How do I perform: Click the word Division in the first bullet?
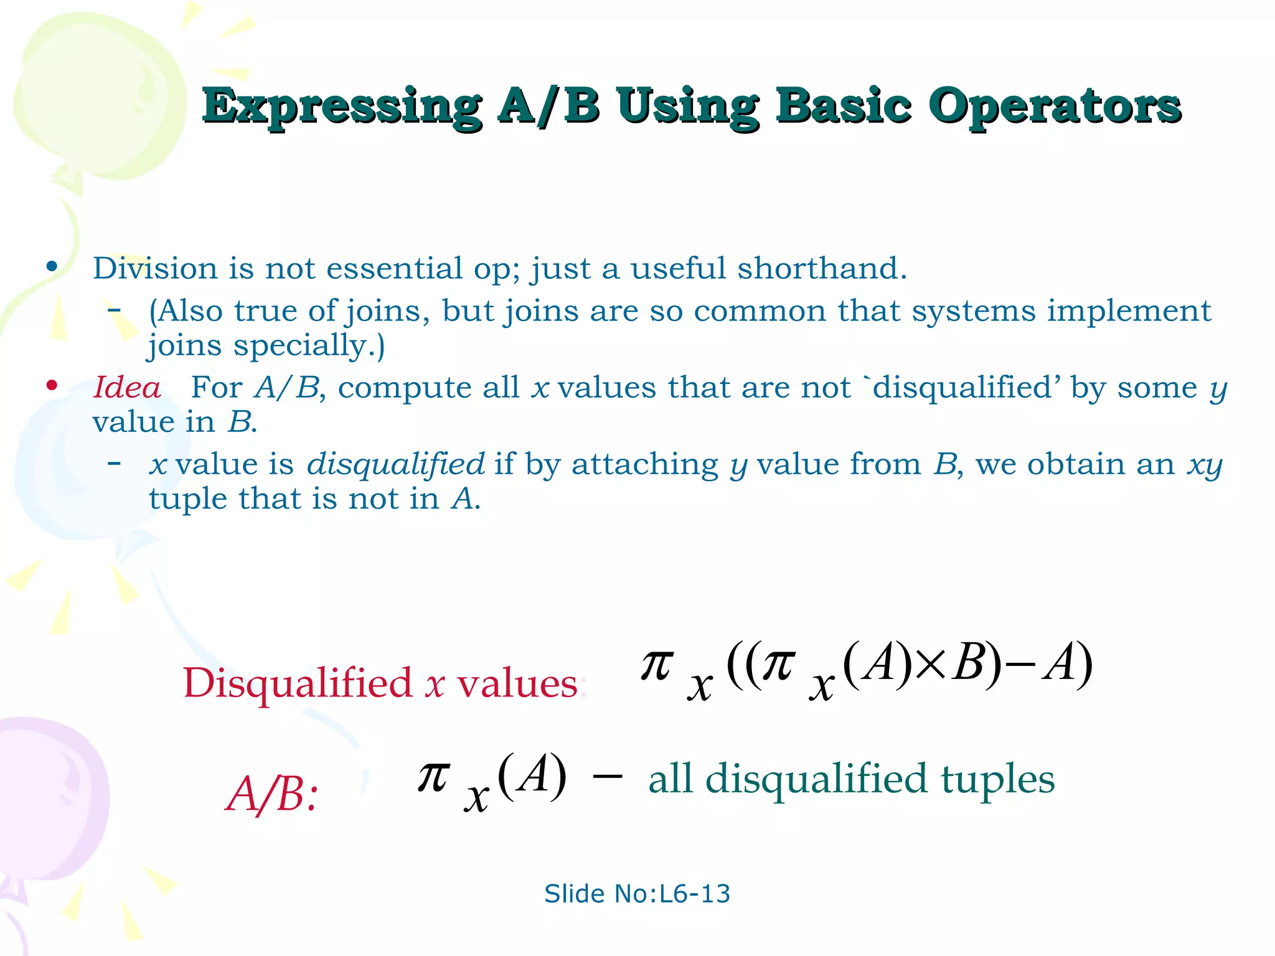155,269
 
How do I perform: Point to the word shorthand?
821,269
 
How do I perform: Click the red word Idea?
127,388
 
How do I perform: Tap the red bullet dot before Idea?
52,386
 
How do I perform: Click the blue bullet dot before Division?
52,267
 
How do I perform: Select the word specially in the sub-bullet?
309,345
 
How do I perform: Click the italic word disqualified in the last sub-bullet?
396,464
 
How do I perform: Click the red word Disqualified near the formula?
298,683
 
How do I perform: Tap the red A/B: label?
271,795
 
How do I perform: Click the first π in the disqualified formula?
657,665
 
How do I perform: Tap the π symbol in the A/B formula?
433,777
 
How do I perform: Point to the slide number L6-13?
694,894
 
